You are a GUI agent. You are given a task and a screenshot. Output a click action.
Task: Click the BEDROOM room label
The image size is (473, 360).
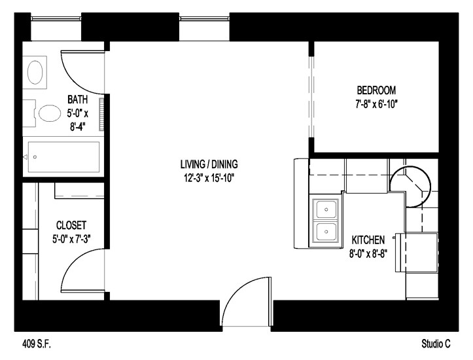pos(376,90)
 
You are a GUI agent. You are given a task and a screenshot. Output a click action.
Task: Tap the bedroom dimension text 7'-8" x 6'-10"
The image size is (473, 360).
pos(376,103)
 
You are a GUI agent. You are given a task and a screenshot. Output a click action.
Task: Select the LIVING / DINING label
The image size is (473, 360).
pos(209,164)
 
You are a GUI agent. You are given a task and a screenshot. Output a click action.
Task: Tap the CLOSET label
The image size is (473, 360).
pos(71,225)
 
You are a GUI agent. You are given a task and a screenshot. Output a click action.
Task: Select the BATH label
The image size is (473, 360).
pos(78,100)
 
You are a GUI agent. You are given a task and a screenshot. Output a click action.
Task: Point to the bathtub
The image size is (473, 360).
pos(62,157)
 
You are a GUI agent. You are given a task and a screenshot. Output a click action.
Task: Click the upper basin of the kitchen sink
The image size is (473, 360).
pos(325,209)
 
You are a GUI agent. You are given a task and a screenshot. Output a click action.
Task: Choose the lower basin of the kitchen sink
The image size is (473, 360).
pos(325,231)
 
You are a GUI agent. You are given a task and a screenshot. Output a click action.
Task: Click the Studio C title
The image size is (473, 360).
pos(436,343)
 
